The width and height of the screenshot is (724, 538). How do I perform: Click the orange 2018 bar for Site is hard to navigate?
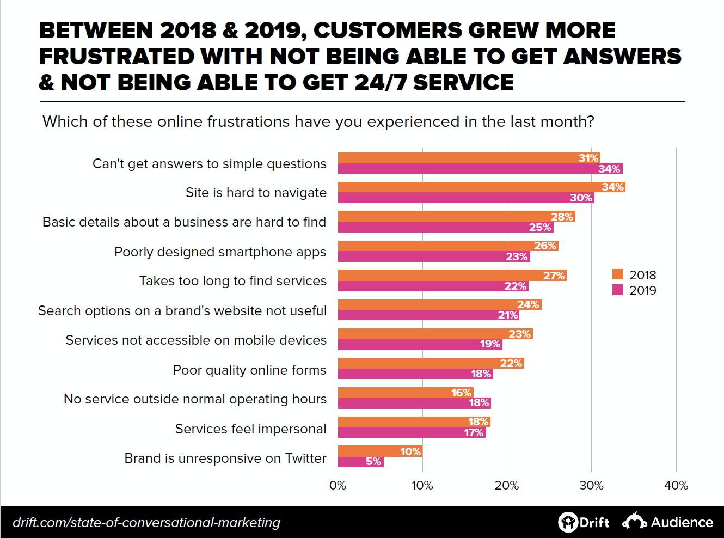(x=468, y=187)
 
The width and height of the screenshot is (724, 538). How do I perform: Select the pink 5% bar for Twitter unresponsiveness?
(x=360, y=462)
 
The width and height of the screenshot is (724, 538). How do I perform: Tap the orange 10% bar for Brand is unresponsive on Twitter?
(x=379, y=451)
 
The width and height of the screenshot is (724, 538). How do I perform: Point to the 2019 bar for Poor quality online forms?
(x=415, y=374)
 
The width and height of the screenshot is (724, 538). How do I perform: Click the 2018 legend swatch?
(x=617, y=274)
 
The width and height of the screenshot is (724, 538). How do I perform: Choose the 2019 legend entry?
(x=635, y=290)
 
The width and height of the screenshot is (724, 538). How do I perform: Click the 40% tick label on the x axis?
(x=676, y=485)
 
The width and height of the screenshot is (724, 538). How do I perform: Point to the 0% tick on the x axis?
(x=338, y=485)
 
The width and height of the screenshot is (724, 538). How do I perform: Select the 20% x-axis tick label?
(x=506, y=485)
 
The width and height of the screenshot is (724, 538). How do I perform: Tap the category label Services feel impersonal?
(x=250, y=429)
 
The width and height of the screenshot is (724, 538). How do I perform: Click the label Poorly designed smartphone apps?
(x=220, y=252)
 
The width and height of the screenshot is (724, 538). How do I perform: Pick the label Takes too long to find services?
(x=232, y=281)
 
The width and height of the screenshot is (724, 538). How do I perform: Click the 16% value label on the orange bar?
(x=461, y=393)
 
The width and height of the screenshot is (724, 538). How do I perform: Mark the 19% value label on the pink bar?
(x=490, y=344)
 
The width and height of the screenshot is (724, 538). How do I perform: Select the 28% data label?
(x=562, y=217)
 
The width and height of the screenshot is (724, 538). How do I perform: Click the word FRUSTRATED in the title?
(x=116, y=57)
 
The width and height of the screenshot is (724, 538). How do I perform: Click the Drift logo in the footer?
(x=584, y=522)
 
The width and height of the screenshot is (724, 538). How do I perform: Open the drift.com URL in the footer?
(x=146, y=523)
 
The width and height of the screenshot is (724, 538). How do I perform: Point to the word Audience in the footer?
(x=682, y=523)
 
